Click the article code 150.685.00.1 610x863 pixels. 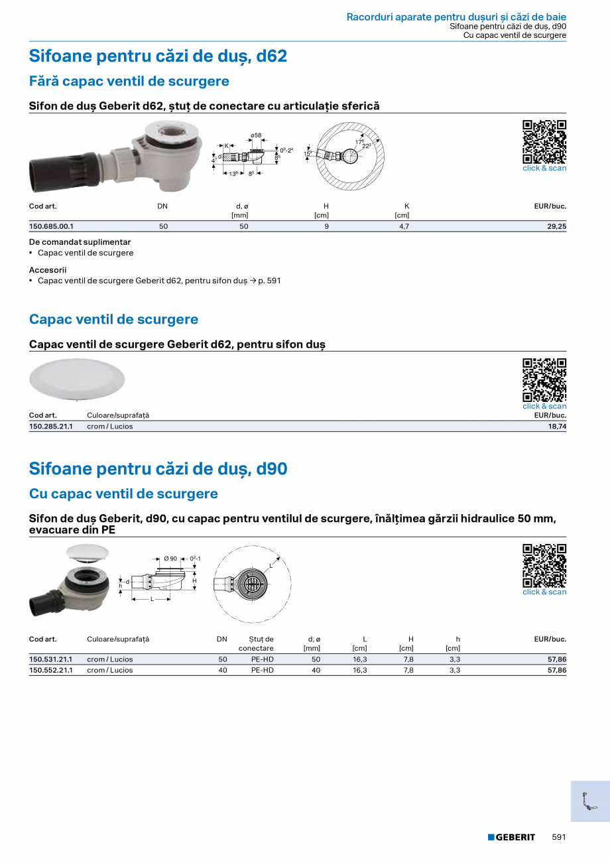click(51, 226)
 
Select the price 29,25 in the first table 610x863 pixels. click(557, 226)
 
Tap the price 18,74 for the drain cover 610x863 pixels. click(557, 427)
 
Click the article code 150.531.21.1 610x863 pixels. click(51, 659)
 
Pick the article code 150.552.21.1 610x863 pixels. click(51, 670)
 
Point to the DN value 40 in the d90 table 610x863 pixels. click(223, 670)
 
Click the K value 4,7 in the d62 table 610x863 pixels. click(404, 226)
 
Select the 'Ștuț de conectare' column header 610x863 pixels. click(256, 643)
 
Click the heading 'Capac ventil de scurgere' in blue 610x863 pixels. click(113, 319)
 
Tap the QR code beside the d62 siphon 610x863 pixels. click(544, 141)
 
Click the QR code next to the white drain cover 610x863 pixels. click(544, 379)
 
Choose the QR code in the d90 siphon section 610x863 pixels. click(544, 565)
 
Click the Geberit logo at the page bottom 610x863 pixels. click(511, 837)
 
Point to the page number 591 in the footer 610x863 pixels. click(559, 837)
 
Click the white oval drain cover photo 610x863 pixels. click(77, 379)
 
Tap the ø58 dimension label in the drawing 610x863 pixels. click(256, 135)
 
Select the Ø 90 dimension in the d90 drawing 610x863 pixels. click(170, 559)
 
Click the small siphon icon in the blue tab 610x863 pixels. click(589, 801)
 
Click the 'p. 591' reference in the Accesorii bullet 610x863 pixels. click(269, 281)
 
